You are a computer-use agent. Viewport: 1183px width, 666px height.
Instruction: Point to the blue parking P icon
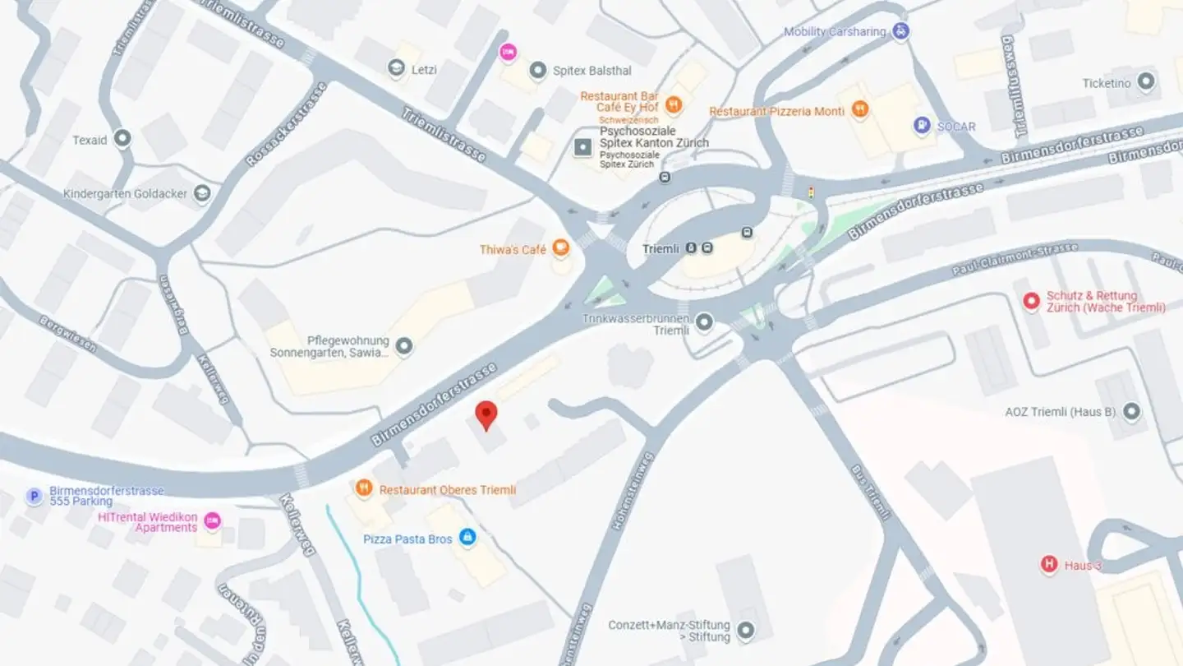tap(34, 496)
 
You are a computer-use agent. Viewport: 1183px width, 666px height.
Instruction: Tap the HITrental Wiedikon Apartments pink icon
tap(212, 520)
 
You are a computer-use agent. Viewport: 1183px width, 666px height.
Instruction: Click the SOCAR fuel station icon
tap(923, 126)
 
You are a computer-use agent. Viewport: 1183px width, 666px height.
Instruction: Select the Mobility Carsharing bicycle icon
tap(901, 31)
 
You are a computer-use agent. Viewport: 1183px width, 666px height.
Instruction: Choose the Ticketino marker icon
tap(1146, 82)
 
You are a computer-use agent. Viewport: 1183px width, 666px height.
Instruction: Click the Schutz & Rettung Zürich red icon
tap(1031, 302)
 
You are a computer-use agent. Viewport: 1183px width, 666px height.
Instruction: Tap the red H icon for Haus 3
tap(1049, 565)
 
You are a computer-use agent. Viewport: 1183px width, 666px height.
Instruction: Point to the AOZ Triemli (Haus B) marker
tap(1132, 411)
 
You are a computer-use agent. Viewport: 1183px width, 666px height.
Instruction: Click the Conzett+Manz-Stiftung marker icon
tap(745, 631)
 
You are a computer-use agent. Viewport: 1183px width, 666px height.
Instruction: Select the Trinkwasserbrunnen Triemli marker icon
tap(704, 322)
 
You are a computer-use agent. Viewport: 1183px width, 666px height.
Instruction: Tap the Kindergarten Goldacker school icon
tap(201, 194)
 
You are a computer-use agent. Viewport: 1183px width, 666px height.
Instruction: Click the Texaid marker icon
tap(122, 139)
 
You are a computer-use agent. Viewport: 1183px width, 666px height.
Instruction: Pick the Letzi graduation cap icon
tap(397, 69)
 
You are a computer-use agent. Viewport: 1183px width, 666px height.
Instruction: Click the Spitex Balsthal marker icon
tap(538, 70)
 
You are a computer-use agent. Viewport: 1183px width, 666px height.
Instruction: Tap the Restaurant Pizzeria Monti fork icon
tap(859, 110)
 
